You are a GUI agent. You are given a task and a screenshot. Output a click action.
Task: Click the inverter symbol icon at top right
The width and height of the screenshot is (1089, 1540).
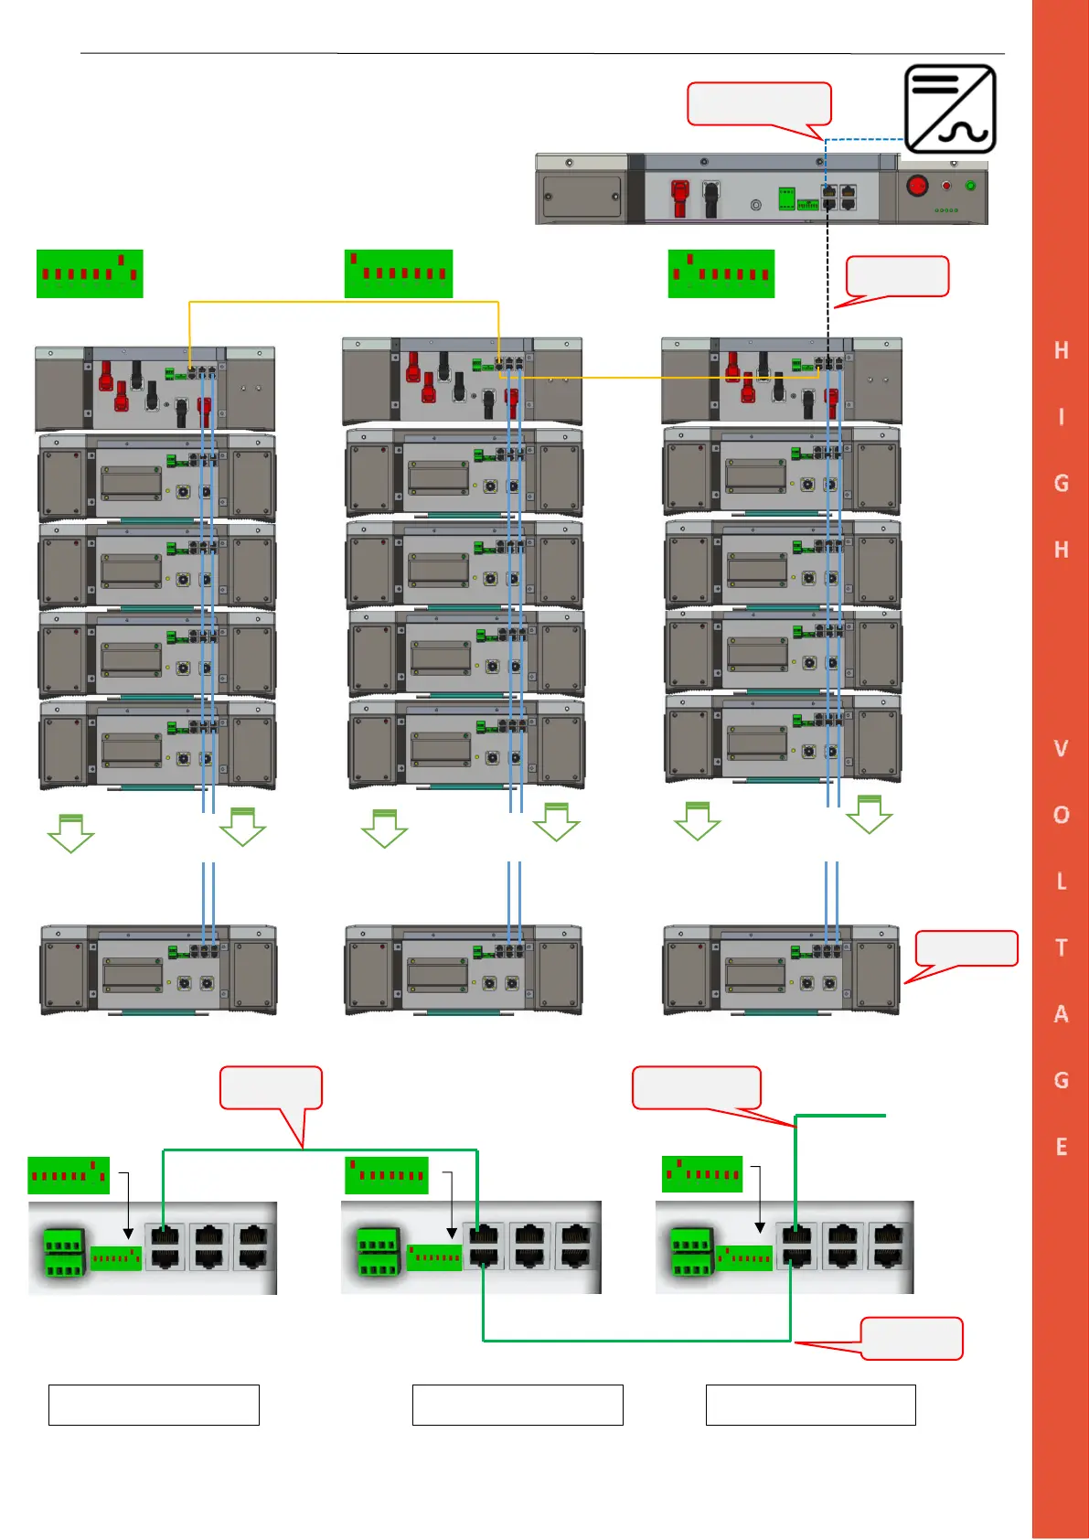pos(950,109)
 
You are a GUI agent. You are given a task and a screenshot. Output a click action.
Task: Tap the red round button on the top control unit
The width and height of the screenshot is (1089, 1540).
pos(917,186)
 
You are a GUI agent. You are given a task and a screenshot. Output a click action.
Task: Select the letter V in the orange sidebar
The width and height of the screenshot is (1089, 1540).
pos(1061,749)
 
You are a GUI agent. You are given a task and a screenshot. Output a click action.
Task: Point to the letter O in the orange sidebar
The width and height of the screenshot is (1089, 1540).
pos(1061,815)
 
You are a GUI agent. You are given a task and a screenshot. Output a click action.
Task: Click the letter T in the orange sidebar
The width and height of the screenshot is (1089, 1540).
pos(1061,947)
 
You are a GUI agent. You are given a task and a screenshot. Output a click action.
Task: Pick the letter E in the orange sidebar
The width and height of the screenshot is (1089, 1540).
pos(1061,1147)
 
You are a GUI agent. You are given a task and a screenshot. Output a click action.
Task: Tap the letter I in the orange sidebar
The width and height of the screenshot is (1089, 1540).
pos(1061,417)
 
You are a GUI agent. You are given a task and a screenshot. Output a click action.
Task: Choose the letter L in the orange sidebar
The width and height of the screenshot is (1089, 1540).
pos(1061,882)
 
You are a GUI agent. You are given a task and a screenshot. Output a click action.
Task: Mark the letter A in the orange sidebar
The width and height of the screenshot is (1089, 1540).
pos(1061,1014)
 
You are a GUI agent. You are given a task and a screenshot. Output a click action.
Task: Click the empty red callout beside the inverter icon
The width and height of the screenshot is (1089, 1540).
pos(759,103)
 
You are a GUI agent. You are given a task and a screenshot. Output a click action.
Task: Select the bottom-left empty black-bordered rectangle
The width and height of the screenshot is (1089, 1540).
pos(154,1405)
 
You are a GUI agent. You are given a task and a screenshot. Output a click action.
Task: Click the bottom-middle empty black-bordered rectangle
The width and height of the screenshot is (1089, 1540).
pos(518,1405)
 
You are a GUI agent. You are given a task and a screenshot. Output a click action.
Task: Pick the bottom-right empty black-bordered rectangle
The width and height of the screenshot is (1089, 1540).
pos(810,1405)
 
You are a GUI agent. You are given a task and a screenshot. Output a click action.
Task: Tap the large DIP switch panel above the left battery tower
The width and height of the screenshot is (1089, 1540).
pos(90,273)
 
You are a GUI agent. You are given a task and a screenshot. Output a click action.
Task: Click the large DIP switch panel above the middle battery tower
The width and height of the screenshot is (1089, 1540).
pos(399,273)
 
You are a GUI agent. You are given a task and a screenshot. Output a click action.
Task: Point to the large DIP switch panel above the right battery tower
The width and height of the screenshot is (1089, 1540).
pos(721,273)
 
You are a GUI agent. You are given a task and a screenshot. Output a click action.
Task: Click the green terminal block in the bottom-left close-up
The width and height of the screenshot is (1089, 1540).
pos(64,1253)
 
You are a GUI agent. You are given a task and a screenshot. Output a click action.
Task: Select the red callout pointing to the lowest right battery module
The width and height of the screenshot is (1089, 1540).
pos(966,948)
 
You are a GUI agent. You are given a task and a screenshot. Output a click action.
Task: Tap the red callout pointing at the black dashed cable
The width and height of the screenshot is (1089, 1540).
pos(897,276)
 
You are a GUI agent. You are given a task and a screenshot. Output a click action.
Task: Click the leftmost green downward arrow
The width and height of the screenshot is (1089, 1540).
pos(70,833)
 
